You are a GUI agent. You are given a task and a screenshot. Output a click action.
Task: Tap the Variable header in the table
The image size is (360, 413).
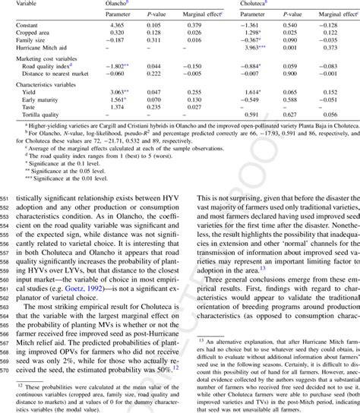point(29,4)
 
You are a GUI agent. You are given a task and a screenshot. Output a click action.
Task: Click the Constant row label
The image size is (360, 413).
point(29,26)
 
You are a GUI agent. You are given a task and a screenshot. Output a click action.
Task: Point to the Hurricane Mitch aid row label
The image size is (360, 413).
point(43,49)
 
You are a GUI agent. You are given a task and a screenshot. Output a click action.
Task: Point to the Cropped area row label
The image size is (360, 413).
point(36,33)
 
